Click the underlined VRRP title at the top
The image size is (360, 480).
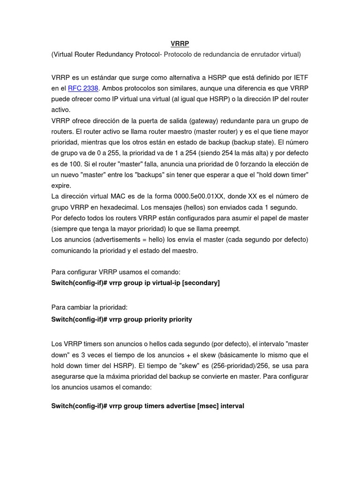tap(180, 44)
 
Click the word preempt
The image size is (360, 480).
tap(227, 229)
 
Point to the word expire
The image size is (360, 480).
tap(61, 186)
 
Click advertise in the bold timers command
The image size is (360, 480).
tap(175, 406)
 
